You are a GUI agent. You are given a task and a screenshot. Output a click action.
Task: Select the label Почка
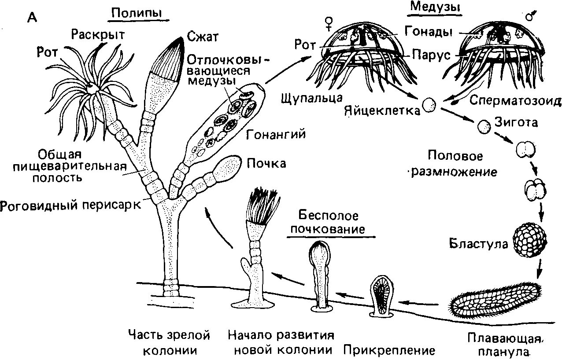click(266, 164)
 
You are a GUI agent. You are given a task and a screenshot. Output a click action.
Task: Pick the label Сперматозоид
click(515, 101)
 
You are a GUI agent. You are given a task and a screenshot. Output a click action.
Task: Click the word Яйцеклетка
click(382, 110)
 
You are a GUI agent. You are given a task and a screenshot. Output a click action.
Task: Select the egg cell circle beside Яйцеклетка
click(429, 105)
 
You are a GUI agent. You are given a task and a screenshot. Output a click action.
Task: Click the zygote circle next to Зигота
click(484, 127)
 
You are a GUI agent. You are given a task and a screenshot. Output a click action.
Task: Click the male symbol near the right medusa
click(531, 16)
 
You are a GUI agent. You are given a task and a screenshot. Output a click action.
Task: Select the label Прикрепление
click(389, 350)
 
